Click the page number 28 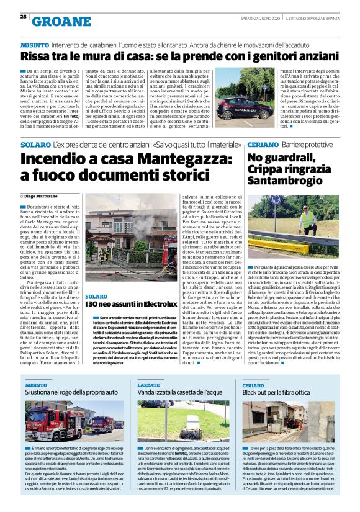point(24,17)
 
